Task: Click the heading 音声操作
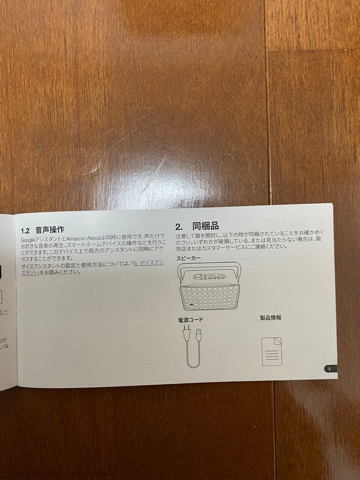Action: click(x=50, y=230)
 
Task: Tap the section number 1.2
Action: click(x=26, y=231)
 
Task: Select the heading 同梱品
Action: click(x=205, y=226)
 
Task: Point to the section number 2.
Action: click(x=178, y=226)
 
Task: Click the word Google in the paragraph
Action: click(x=29, y=240)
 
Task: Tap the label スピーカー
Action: click(x=188, y=257)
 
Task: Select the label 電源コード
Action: click(x=191, y=320)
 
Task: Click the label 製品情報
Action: click(x=270, y=317)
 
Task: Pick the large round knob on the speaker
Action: click(x=196, y=276)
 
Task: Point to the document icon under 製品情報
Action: click(x=272, y=351)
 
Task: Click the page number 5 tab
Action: click(x=329, y=368)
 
